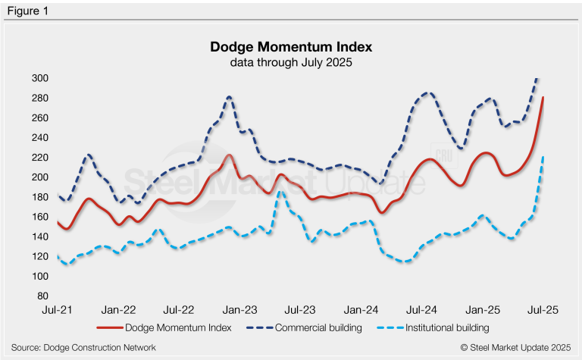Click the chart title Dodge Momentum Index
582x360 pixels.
pyautogui.click(x=291, y=48)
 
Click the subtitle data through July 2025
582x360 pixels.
pyautogui.click(x=291, y=62)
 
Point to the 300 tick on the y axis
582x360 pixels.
pyautogui.click(x=39, y=78)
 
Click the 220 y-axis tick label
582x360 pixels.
pyautogui.click(x=39, y=158)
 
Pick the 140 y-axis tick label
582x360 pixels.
pyautogui.click(x=39, y=237)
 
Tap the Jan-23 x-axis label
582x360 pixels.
pyautogui.click(x=240, y=310)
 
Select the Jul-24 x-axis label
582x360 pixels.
pyautogui.click(x=421, y=310)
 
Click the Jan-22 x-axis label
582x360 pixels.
pyautogui.click(x=119, y=310)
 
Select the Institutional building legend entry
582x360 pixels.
pyautogui.click(x=436, y=328)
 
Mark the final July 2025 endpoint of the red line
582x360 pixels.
pyautogui.click(x=543, y=98)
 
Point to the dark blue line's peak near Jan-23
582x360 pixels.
pyautogui.click(x=229, y=97)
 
